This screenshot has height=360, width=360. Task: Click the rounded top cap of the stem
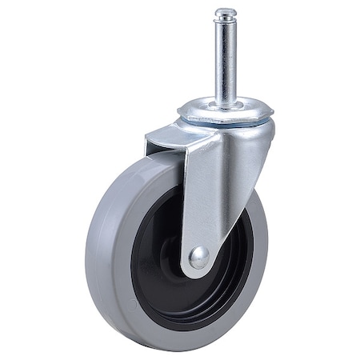point(226,12)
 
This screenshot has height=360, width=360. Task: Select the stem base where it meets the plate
point(227,102)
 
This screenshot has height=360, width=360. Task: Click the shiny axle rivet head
point(197,257)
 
